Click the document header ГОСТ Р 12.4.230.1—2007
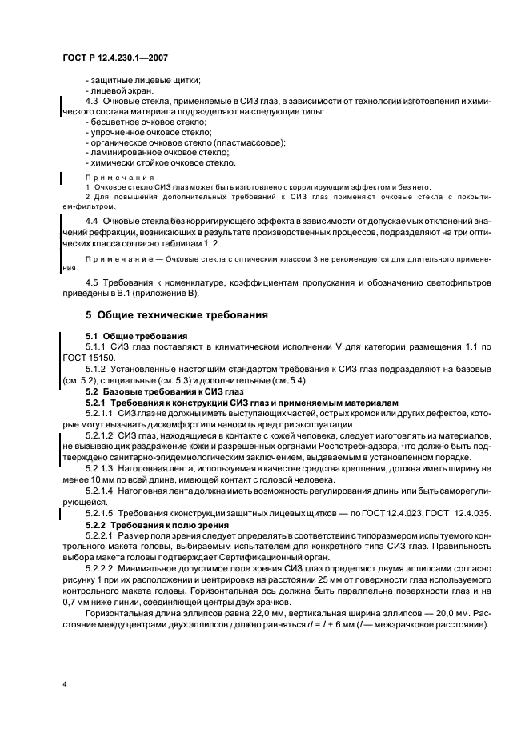[x=114, y=58]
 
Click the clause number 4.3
[x=91, y=102]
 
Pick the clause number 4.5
[x=91, y=282]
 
